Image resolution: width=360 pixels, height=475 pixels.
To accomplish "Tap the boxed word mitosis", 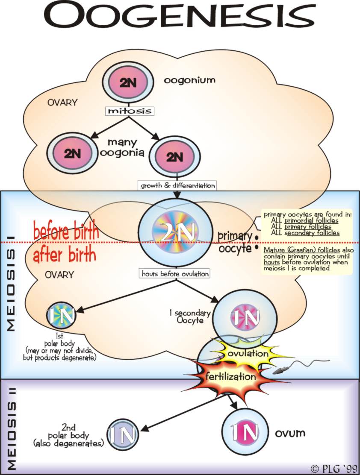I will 130,111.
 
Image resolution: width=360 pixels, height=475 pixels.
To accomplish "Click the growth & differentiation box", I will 177,185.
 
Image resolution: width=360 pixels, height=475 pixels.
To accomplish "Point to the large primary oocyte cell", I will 177,232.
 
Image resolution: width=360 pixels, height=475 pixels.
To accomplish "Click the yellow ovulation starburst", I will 248,354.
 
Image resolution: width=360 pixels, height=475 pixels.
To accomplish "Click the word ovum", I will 290,433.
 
